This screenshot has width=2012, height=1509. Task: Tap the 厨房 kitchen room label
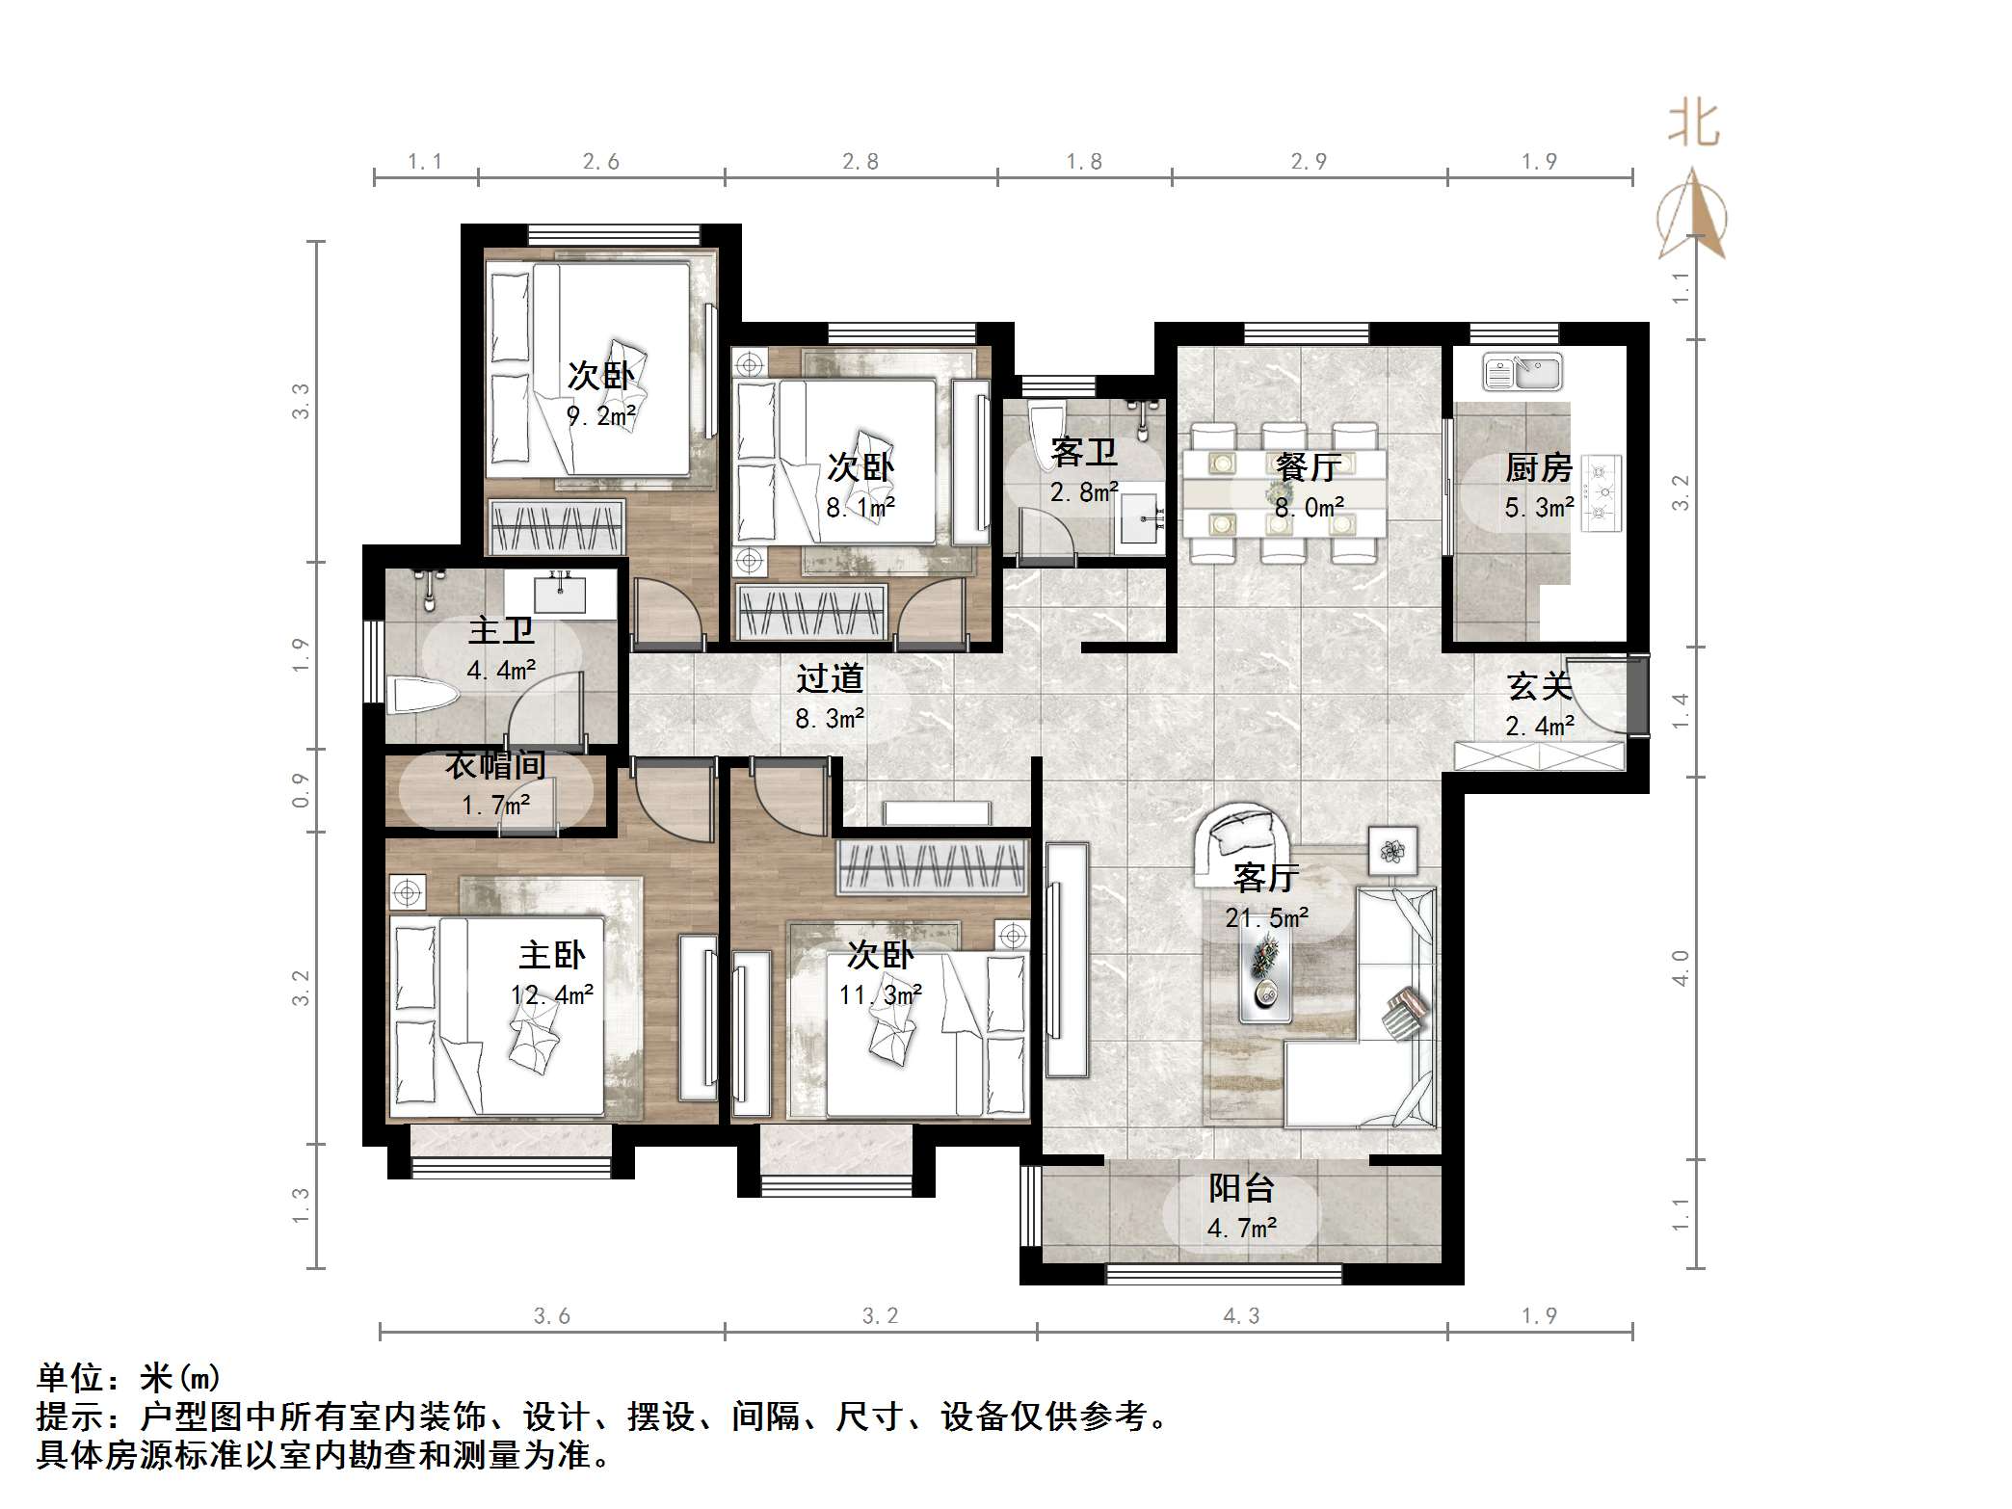1539,468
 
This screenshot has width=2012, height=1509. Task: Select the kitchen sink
1522,372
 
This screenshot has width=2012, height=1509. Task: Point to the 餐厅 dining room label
1309,467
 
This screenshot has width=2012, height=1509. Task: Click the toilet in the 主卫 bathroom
424,696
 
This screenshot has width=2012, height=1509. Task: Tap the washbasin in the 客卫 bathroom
1140,523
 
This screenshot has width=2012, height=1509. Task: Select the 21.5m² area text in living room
1266,917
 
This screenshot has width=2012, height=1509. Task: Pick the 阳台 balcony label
1241,1188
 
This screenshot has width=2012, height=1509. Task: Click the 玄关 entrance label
1539,686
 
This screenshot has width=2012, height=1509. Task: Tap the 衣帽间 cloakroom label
495,765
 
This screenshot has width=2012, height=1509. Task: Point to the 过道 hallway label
829,679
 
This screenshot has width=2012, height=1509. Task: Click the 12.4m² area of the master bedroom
551,994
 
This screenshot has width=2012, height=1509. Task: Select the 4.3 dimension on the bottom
1241,1316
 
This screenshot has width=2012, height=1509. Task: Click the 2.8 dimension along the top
860,162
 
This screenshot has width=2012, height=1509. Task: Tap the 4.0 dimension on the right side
1681,966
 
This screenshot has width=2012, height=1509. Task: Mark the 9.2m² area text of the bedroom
600,416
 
